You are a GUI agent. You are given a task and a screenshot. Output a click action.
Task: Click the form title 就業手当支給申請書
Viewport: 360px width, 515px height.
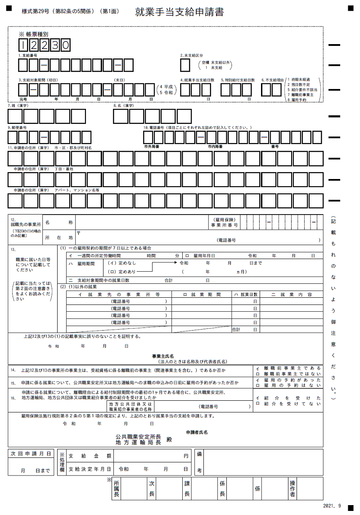coord(180,12)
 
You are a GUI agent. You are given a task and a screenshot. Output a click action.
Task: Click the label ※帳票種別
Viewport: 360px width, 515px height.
coord(33,34)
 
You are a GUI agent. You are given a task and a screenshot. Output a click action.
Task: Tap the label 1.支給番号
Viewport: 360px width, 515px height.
coord(28,56)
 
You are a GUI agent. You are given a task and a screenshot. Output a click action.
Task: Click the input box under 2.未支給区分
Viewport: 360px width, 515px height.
coord(185,66)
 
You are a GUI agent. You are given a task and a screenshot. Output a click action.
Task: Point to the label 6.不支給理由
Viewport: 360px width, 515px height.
coord(271,80)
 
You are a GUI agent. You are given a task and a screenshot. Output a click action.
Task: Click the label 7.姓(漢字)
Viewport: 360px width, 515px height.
coord(18,106)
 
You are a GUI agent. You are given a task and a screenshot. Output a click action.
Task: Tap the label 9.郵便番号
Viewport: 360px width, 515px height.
coord(17,128)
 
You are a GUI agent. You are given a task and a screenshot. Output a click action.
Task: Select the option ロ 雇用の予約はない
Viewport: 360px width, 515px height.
coord(288,385)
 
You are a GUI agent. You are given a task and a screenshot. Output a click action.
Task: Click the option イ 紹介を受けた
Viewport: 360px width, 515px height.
coord(288,398)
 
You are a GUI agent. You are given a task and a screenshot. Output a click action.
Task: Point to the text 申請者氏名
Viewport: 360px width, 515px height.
coord(197,432)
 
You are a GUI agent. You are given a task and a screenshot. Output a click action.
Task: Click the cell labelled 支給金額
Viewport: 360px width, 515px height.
coord(90,456)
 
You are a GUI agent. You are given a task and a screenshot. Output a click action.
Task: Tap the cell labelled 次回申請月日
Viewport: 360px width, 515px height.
coord(30,454)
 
